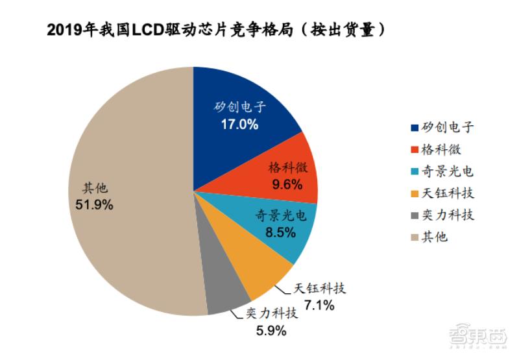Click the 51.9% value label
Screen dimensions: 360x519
point(95,205)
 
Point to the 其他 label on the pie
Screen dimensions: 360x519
point(95,189)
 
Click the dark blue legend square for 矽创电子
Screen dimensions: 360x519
point(414,128)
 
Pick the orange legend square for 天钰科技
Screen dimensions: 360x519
point(414,193)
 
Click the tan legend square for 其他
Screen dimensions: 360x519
point(414,237)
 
